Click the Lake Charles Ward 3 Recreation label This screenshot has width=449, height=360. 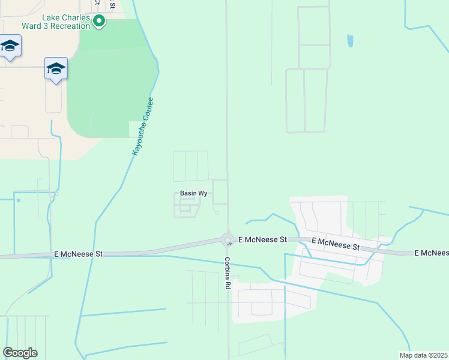coord(57,22)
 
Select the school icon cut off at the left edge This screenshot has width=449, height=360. coord(10,46)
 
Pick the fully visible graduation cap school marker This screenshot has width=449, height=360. coord(56,69)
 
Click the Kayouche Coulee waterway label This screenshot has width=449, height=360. coord(143,127)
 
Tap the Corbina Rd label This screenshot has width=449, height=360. coord(228,274)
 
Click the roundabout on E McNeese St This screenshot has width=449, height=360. coord(228,240)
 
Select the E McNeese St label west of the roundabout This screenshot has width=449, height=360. coord(78,254)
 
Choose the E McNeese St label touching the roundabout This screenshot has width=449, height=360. coord(262,239)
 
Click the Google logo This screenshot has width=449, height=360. coord(20,353)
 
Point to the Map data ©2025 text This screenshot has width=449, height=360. coord(423,355)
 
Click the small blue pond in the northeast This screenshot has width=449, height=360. coord(350,41)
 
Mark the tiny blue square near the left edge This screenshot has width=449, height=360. coord(18,200)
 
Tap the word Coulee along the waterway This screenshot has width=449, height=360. coord(148,109)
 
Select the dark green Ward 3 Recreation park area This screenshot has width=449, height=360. coord(111,78)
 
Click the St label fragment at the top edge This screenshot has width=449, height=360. coord(112,4)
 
